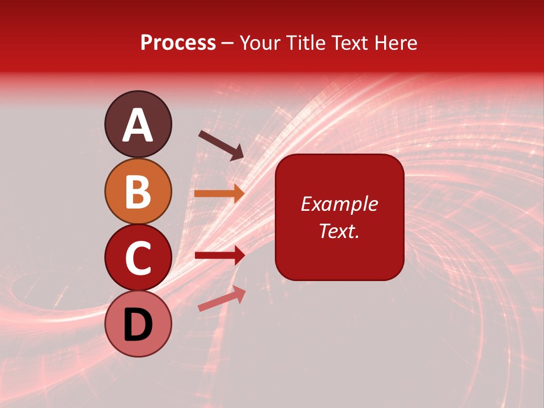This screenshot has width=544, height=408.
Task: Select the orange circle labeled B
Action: [138, 191]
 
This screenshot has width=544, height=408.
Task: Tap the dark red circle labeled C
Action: [138, 257]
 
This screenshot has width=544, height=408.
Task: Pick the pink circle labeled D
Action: [138, 324]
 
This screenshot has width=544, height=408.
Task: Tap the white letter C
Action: [138, 258]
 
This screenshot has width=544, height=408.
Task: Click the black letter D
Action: [138, 325]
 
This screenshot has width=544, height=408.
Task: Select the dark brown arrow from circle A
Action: [221, 145]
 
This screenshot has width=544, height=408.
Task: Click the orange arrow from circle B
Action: [219, 193]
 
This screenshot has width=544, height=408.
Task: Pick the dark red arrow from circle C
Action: [219, 256]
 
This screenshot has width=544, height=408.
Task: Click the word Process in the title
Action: [178, 43]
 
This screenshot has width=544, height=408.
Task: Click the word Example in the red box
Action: [339, 204]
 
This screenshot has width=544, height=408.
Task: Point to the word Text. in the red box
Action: [339, 231]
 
